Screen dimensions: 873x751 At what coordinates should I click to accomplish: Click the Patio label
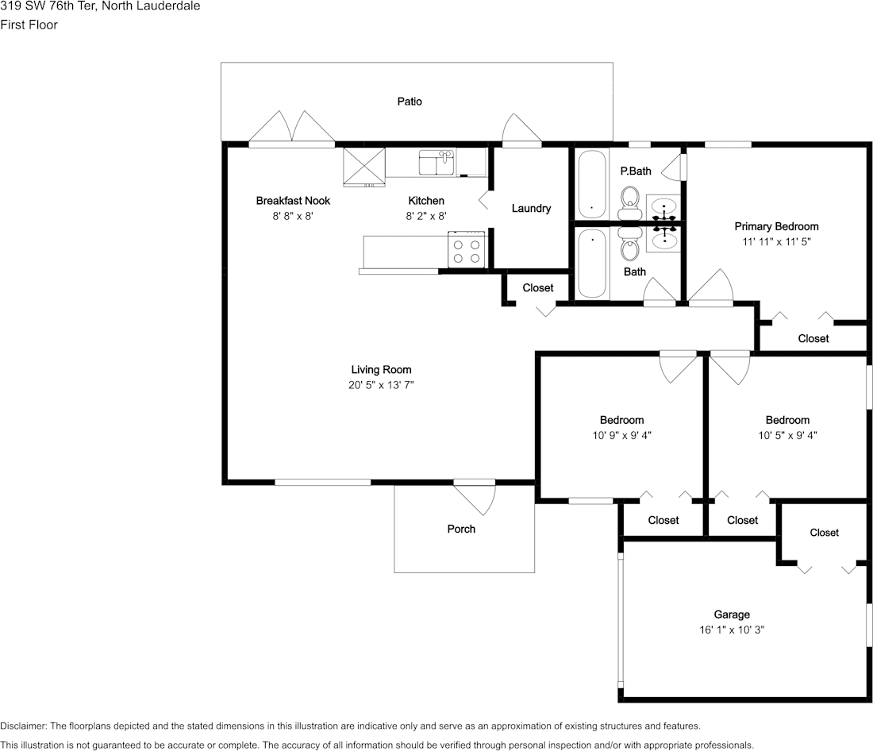point(410,102)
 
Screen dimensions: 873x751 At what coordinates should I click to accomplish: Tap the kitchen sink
point(437,163)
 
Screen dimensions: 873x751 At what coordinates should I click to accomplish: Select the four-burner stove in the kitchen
point(467,250)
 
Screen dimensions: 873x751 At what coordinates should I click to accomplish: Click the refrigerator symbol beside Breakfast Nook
point(364,167)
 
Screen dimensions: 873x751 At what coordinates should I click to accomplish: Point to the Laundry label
point(531,208)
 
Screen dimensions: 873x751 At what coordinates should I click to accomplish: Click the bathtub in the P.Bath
point(592,184)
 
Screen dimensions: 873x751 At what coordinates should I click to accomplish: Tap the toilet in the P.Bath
point(630,203)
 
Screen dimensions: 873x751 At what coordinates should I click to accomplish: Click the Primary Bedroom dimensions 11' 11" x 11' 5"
point(776,242)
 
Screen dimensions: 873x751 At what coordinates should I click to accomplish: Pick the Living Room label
point(382,369)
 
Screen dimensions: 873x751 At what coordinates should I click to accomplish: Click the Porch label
point(461,529)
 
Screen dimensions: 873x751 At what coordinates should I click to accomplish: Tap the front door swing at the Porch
point(475,498)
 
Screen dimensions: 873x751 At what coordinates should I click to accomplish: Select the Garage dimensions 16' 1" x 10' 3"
point(732,630)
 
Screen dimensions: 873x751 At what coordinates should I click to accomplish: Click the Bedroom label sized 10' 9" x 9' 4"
point(621,420)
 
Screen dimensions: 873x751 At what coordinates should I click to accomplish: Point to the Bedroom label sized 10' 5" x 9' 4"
point(787,420)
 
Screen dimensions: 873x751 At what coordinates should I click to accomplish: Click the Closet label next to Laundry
point(538,288)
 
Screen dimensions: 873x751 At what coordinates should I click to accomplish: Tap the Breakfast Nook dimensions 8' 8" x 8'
point(293,216)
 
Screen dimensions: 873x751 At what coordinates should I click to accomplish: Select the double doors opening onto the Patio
point(291,127)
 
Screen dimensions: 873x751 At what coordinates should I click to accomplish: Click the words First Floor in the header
point(29,25)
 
